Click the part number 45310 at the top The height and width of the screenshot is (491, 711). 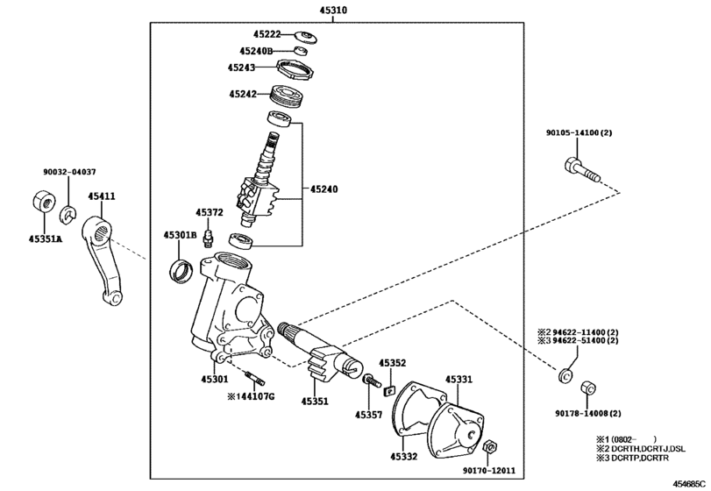pyautogui.click(x=332, y=9)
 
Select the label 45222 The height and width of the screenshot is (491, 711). pyautogui.click(x=267, y=34)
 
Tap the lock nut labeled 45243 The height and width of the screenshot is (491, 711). pyautogui.click(x=295, y=70)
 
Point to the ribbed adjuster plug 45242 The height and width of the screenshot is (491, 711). pyautogui.click(x=287, y=97)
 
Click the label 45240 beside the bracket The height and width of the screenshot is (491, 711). pyautogui.click(x=324, y=189)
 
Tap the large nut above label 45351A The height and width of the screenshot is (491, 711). pyautogui.click(x=44, y=202)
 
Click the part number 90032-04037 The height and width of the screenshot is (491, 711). pyautogui.click(x=69, y=172)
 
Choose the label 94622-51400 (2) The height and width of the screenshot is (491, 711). pyautogui.click(x=586, y=340)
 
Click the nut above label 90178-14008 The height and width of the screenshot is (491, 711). pyautogui.click(x=588, y=388)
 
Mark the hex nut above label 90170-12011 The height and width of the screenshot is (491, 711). pyautogui.click(x=489, y=446)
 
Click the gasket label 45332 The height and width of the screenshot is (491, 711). pyautogui.click(x=403, y=457)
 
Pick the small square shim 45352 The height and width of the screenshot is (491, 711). pyautogui.click(x=389, y=390)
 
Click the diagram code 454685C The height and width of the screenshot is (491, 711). pyautogui.click(x=689, y=484)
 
